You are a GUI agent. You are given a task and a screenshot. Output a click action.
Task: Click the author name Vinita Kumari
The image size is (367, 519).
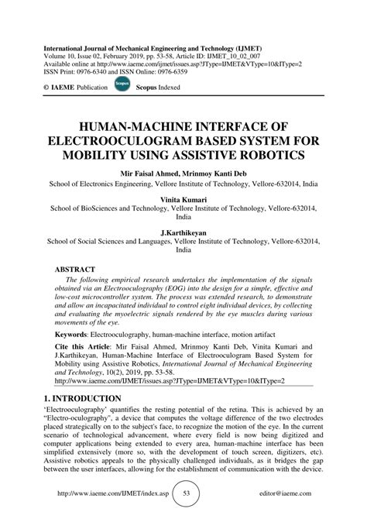click(183, 198)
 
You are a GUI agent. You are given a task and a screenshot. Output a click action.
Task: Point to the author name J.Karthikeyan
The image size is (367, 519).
click(183, 232)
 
